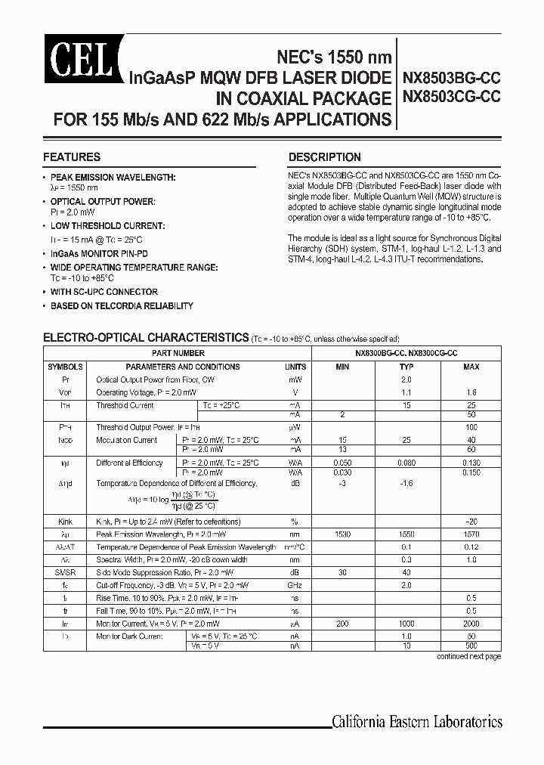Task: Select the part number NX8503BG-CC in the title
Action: [452, 79]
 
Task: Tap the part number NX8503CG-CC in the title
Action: [452, 97]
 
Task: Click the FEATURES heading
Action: [72, 157]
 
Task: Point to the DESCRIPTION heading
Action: [325, 157]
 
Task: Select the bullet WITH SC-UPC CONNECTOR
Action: [104, 292]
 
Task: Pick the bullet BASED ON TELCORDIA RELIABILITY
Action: [122, 306]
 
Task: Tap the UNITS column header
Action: [295, 367]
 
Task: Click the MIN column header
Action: [342, 367]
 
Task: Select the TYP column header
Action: [406, 367]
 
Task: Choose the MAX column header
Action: [471, 367]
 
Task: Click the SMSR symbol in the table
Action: [65, 573]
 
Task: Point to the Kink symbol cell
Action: [65, 522]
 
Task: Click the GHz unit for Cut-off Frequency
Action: [295, 586]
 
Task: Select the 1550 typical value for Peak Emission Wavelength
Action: [406, 534]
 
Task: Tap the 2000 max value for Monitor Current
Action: [471, 624]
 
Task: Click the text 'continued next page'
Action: [468, 657]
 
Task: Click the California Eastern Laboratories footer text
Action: [416, 721]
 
